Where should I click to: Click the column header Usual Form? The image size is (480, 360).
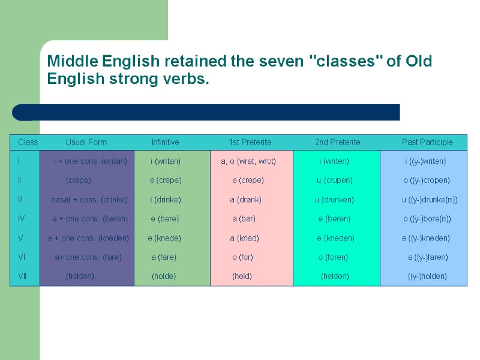tap(86, 142)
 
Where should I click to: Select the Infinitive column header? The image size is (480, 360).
tap(166, 142)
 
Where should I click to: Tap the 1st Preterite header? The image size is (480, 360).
tap(250, 142)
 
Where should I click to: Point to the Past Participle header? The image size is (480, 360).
tap(427, 142)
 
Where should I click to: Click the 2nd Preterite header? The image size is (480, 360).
tap(337, 142)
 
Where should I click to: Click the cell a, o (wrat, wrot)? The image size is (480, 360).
tap(248, 161)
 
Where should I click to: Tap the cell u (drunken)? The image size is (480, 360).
tap(334, 200)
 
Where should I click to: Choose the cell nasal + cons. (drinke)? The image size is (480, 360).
tap(89, 200)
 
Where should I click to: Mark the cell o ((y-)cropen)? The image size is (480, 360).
tap(427, 181)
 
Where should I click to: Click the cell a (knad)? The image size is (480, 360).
tap(245, 238)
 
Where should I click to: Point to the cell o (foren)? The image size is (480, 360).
tap(333, 257)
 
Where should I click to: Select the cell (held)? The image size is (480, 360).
tap(242, 277)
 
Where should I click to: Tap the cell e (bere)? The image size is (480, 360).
tap(165, 219)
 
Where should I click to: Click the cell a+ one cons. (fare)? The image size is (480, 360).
tap(88, 257)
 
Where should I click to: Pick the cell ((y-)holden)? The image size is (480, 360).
tap(427, 277)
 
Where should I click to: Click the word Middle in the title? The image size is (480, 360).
tap(73, 61)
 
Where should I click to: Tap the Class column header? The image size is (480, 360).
tap(28, 142)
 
